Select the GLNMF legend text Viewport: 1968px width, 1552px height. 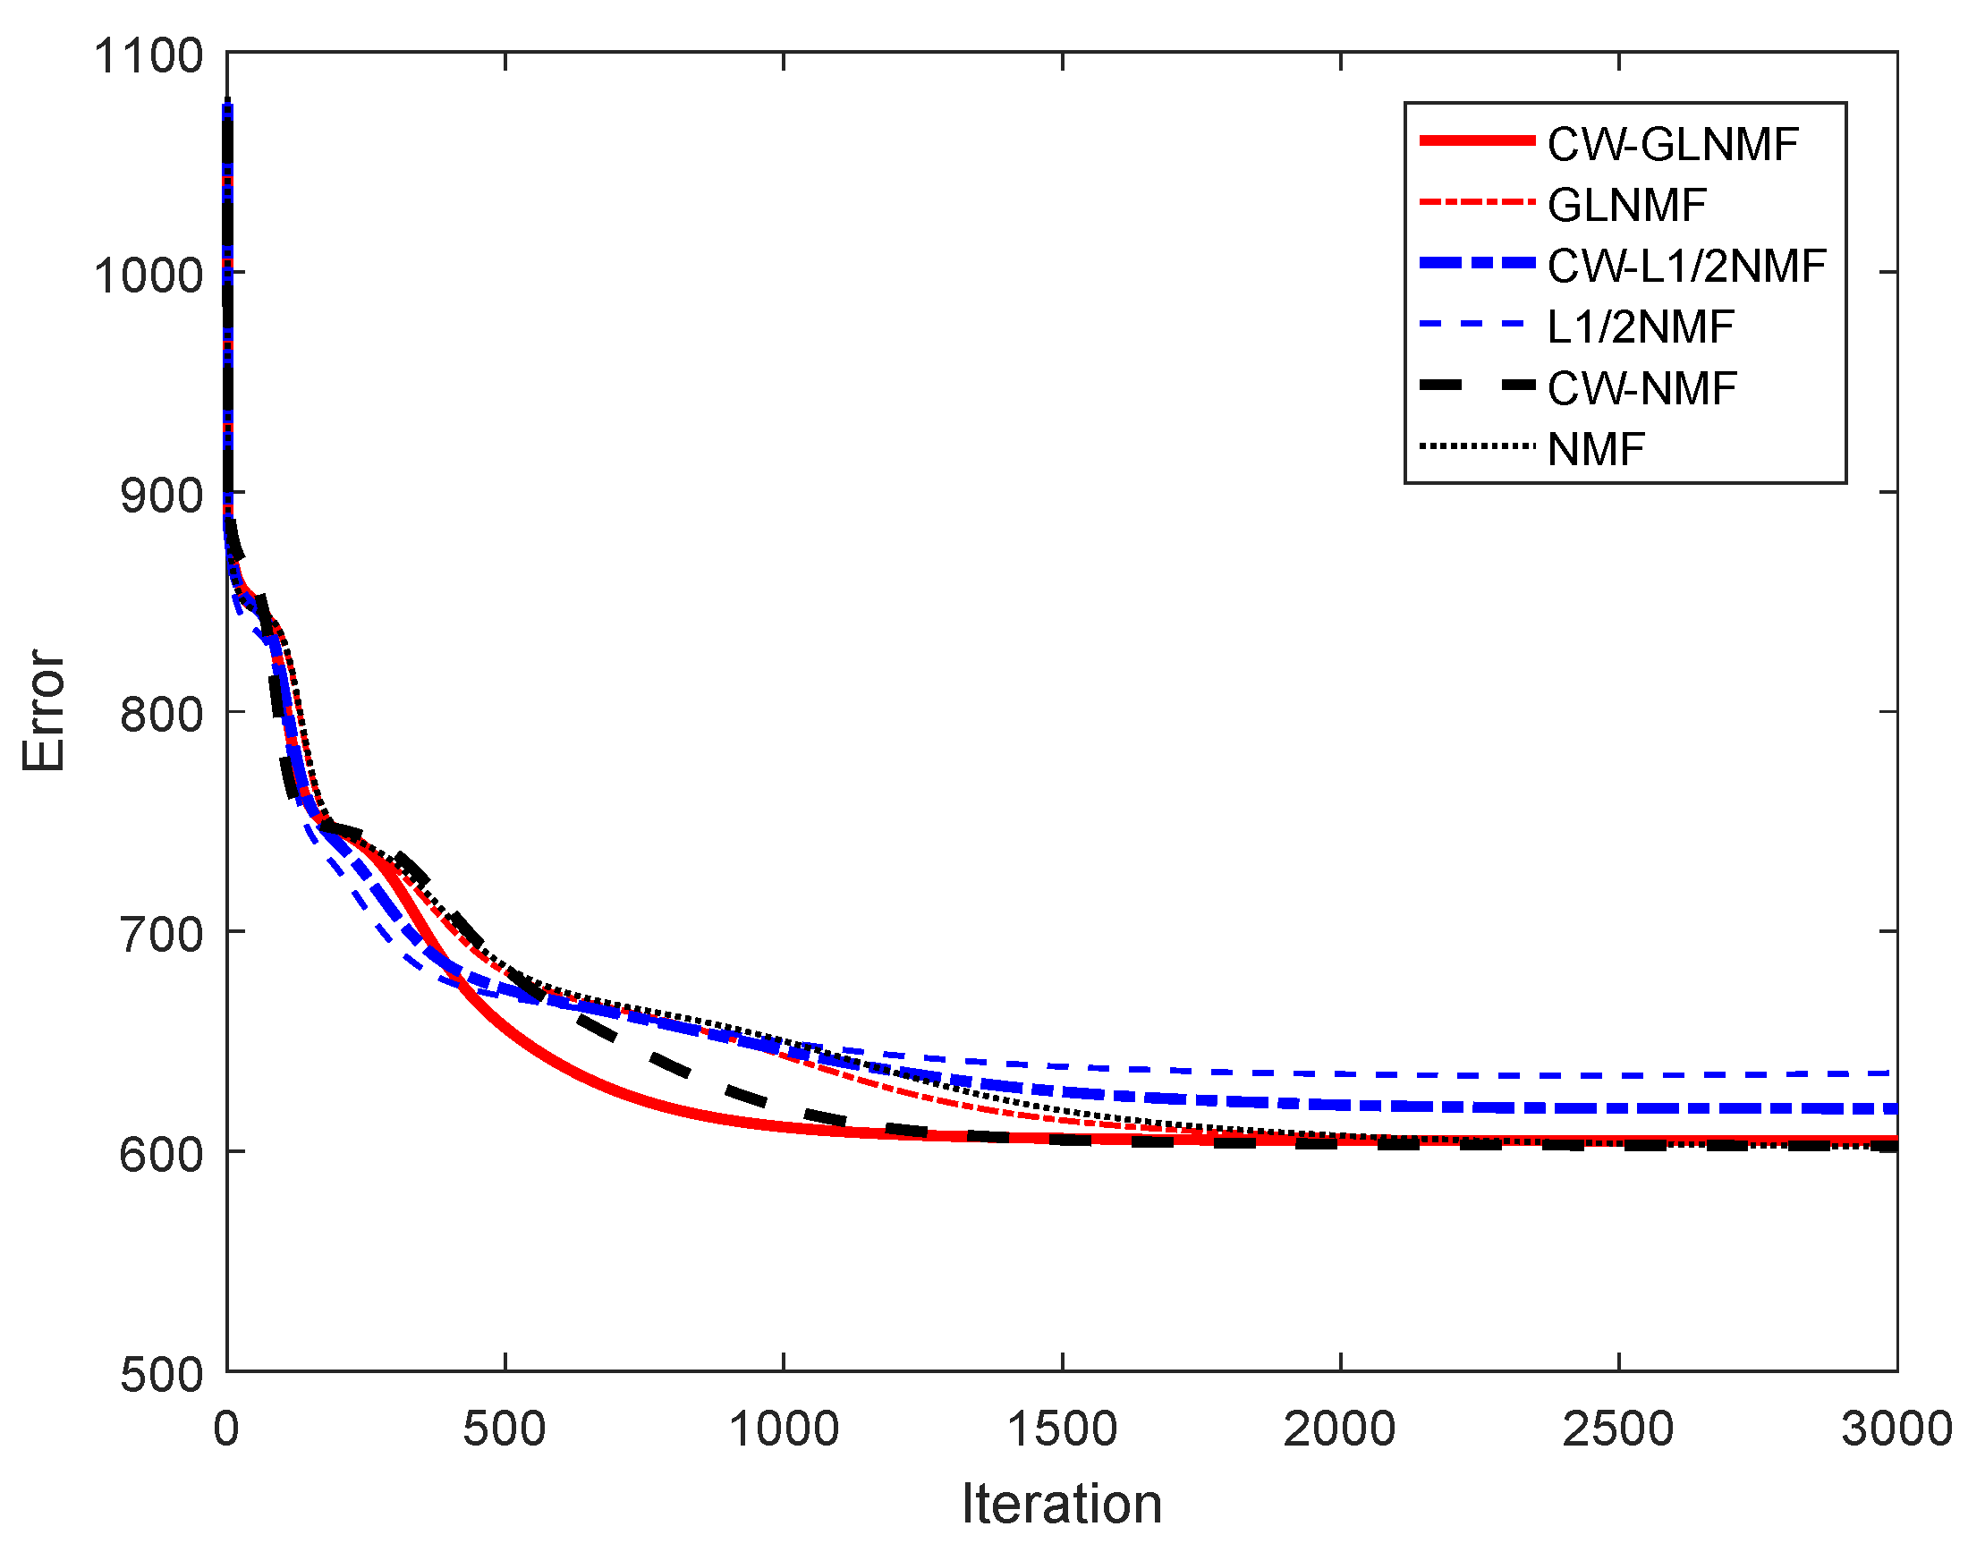pyautogui.click(x=1626, y=206)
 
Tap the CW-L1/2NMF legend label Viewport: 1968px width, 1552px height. pyautogui.click(x=1686, y=267)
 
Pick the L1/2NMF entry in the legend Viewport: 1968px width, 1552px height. pyautogui.click(x=1640, y=327)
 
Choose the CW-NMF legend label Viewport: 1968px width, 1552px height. pyautogui.click(x=1641, y=389)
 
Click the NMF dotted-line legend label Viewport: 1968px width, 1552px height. pyautogui.click(x=1597, y=450)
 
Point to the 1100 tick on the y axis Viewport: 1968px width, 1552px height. pyautogui.click(x=148, y=55)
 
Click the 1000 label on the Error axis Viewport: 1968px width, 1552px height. pyautogui.click(x=148, y=275)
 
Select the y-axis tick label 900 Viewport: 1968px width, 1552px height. pyautogui.click(x=161, y=496)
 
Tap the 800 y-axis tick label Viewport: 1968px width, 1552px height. pyautogui.click(x=161, y=714)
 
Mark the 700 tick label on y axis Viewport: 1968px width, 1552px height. pyautogui.click(x=161, y=934)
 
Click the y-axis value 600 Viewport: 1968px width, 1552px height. pyautogui.click(x=161, y=1155)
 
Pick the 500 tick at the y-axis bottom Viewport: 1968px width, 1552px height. pyautogui.click(x=161, y=1375)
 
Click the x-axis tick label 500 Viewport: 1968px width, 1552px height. pyautogui.click(x=505, y=1429)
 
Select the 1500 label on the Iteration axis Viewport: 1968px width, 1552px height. pyautogui.click(x=1061, y=1429)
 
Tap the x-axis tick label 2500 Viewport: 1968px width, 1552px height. pyautogui.click(x=1617, y=1429)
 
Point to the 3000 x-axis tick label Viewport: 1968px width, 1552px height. pyautogui.click(x=1896, y=1429)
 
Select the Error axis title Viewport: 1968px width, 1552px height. pyautogui.click(x=44, y=710)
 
